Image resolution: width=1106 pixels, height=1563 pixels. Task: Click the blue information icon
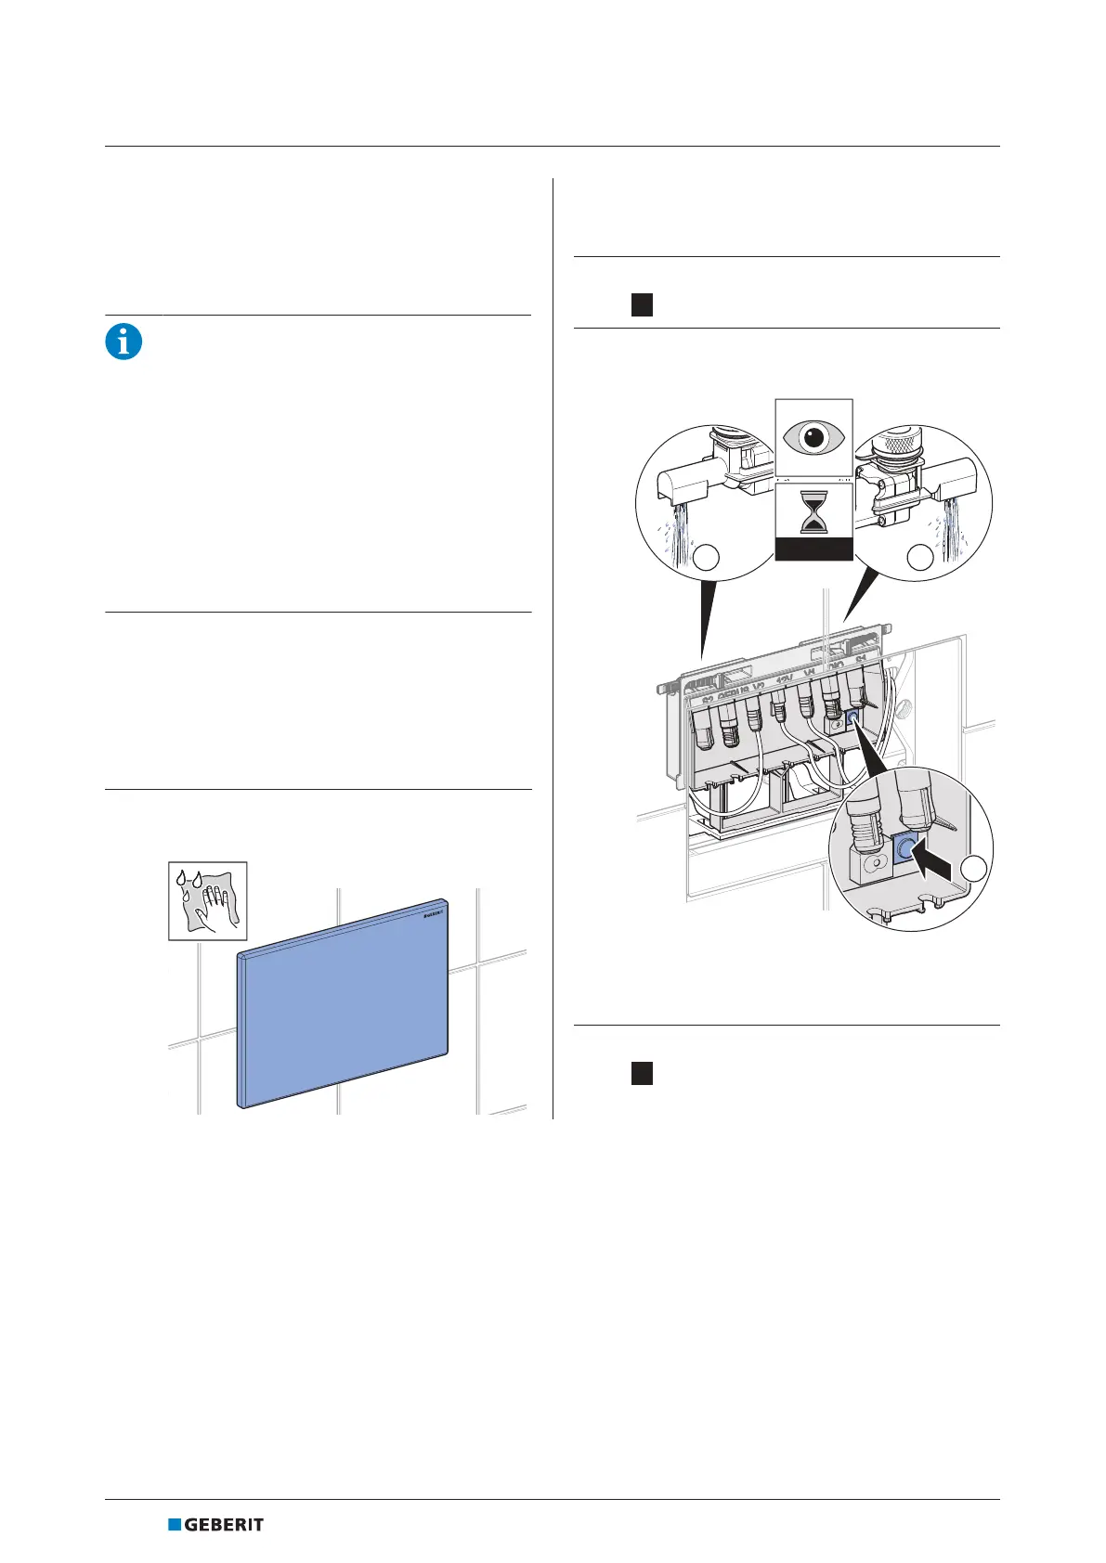(124, 342)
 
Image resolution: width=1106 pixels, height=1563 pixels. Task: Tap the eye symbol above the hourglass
(813, 437)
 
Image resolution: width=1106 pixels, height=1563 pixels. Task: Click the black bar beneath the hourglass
(813, 551)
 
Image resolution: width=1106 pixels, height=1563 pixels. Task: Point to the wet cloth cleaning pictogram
(208, 900)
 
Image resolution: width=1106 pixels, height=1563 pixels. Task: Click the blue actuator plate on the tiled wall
(344, 1007)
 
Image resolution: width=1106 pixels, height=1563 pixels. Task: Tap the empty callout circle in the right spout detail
(919, 557)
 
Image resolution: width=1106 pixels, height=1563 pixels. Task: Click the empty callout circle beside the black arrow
(974, 869)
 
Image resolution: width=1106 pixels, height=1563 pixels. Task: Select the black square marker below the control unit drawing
(642, 1073)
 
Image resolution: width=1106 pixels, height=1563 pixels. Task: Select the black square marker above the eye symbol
(642, 304)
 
